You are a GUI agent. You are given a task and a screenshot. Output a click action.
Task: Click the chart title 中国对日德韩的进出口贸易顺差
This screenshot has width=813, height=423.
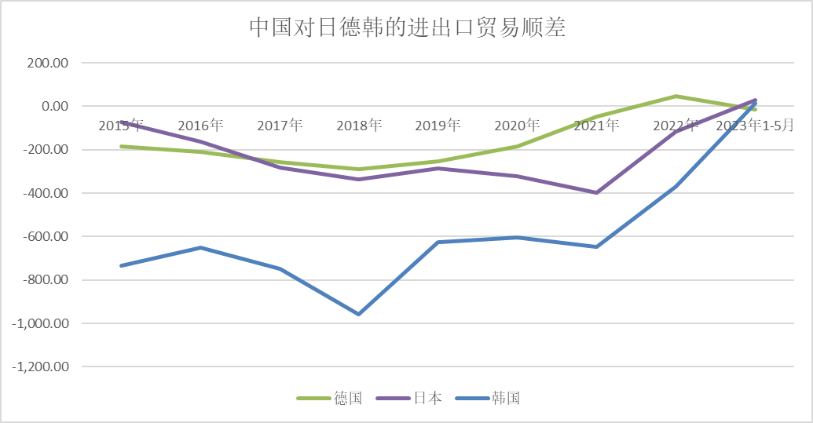pyautogui.click(x=408, y=27)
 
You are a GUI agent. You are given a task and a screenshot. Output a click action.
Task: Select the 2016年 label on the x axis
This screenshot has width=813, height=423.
pyautogui.click(x=201, y=126)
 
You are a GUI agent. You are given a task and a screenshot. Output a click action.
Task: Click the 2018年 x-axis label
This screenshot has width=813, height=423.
pyautogui.click(x=359, y=126)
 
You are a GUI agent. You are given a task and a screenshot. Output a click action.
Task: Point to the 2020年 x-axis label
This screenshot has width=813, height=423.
pyautogui.click(x=518, y=126)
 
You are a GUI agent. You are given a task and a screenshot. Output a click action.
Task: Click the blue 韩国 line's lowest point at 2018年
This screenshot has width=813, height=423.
pyautogui.click(x=359, y=314)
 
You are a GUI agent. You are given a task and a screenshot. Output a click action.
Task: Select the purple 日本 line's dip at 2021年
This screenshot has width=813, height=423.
pyautogui.click(x=597, y=192)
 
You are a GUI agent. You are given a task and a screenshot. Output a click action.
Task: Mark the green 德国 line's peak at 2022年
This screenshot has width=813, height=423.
pyautogui.click(x=676, y=97)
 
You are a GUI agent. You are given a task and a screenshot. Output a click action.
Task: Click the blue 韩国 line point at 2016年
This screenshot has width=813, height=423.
pyautogui.click(x=201, y=248)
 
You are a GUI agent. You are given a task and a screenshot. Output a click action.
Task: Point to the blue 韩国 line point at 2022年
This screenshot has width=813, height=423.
pyautogui.click(x=676, y=187)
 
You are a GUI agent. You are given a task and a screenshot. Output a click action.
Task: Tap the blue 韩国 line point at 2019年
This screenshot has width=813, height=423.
pyautogui.click(x=438, y=242)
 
